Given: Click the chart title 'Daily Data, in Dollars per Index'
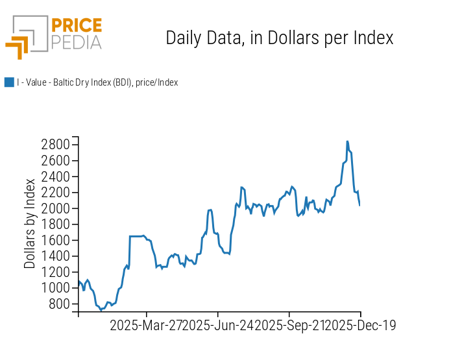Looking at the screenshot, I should (x=280, y=38).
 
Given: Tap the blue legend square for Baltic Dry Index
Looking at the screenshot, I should (x=9, y=82).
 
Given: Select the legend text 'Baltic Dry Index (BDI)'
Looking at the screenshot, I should (x=97, y=82).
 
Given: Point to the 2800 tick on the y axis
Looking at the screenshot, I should (x=55, y=144).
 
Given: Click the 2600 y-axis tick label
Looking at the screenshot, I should (x=55, y=160).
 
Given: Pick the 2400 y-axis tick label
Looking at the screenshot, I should (x=55, y=176).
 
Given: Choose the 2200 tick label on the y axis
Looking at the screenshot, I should (x=55, y=192).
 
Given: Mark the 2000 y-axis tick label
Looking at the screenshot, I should (x=55, y=208).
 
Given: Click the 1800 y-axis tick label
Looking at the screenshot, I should (x=55, y=224).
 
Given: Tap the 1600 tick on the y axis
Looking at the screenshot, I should (x=55, y=240).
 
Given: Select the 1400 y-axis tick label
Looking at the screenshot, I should (x=55, y=256).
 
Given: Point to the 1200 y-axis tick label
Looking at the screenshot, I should (x=55, y=272).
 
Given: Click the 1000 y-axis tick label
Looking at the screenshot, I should (x=55, y=288).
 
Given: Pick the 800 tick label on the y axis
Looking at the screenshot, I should (x=58, y=304).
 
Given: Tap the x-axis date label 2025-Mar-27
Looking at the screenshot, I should (x=146, y=325).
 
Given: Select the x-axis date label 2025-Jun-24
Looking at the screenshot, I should (x=218, y=325).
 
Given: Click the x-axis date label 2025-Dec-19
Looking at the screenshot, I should (x=360, y=325).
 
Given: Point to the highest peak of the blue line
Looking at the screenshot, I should (x=347, y=141).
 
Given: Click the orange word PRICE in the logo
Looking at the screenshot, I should (x=76, y=27).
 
